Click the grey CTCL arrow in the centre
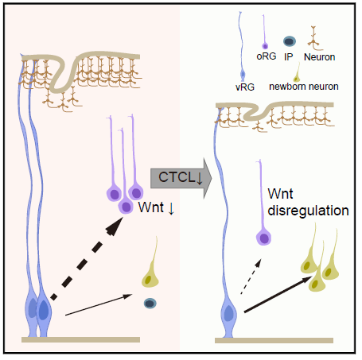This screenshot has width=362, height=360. (181, 178)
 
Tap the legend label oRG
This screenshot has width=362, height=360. (267, 56)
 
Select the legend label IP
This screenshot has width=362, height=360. (289, 56)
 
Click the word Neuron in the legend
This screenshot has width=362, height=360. (319, 57)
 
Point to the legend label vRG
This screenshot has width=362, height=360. (245, 87)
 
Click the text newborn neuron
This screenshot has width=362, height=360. (304, 87)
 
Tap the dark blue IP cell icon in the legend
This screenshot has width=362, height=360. (290, 41)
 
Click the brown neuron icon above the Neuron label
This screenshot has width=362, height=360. (314, 38)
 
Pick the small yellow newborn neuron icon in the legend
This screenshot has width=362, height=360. (297, 73)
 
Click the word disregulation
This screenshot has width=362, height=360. (308, 211)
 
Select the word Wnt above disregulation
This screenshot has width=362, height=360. (280, 194)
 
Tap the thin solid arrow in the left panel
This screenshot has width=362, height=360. (99, 304)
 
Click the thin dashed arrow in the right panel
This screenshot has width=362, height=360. (251, 277)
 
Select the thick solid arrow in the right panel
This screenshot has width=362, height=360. (278, 294)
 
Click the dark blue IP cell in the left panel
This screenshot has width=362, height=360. (150, 304)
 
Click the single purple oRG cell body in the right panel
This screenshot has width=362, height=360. (263, 238)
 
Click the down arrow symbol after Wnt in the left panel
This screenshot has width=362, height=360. (171, 208)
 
